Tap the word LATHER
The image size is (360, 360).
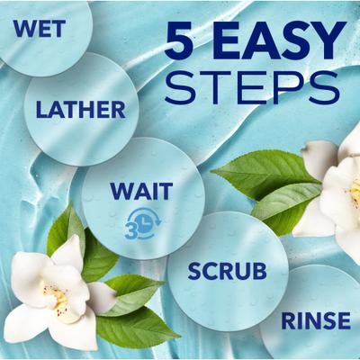(x=80, y=111)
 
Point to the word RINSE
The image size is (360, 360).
(x=315, y=320)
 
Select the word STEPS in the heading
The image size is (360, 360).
(x=253, y=86)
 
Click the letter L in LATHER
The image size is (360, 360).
(x=42, y=111)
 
